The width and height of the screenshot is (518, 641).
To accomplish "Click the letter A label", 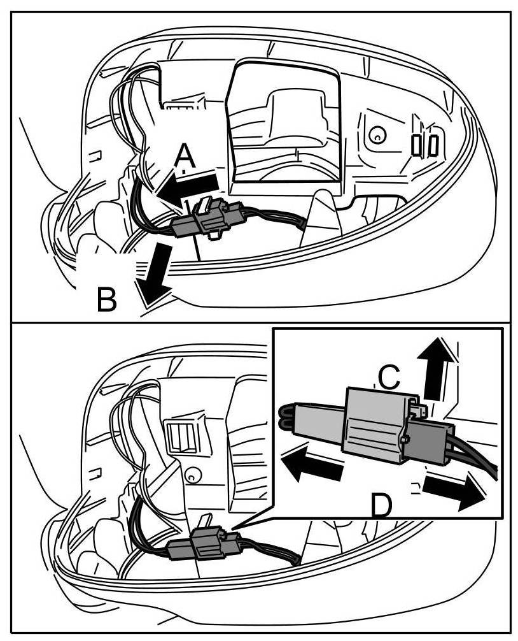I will point(184,155).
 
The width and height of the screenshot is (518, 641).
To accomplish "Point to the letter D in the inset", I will point(381,505).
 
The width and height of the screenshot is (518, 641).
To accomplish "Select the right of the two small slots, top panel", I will point(433,145).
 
